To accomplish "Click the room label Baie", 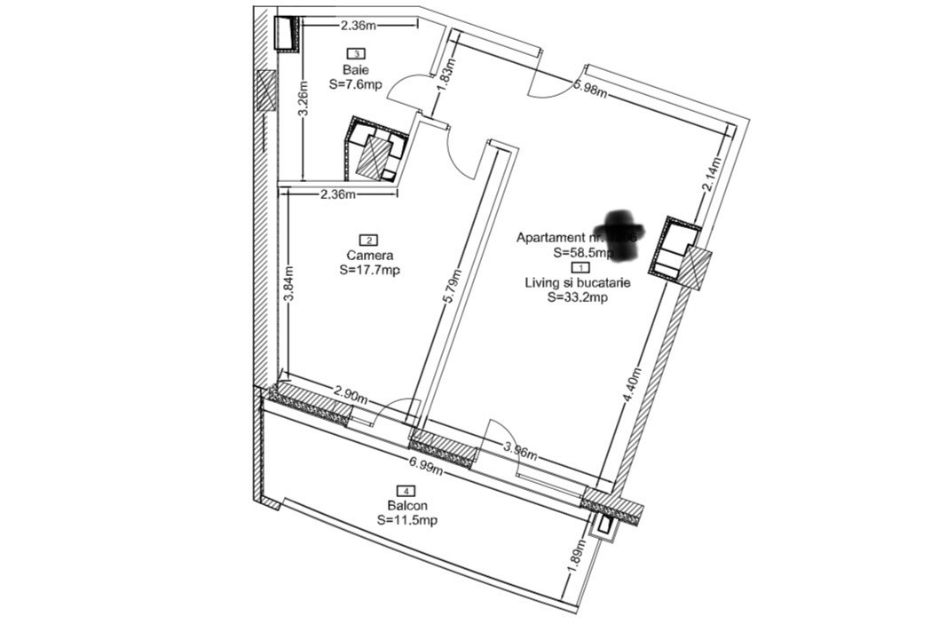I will [x=355, y=69].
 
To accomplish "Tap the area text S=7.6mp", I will [x=355, y=85].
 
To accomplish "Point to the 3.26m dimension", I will [x=303, y=107].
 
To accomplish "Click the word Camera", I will [x=369, y=256].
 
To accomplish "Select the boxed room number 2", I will [x=368, y=240].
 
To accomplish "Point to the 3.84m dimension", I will [x=288, y=284].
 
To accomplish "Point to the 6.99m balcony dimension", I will [x=426, y=463].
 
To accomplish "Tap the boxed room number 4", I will [x=406, y=491].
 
